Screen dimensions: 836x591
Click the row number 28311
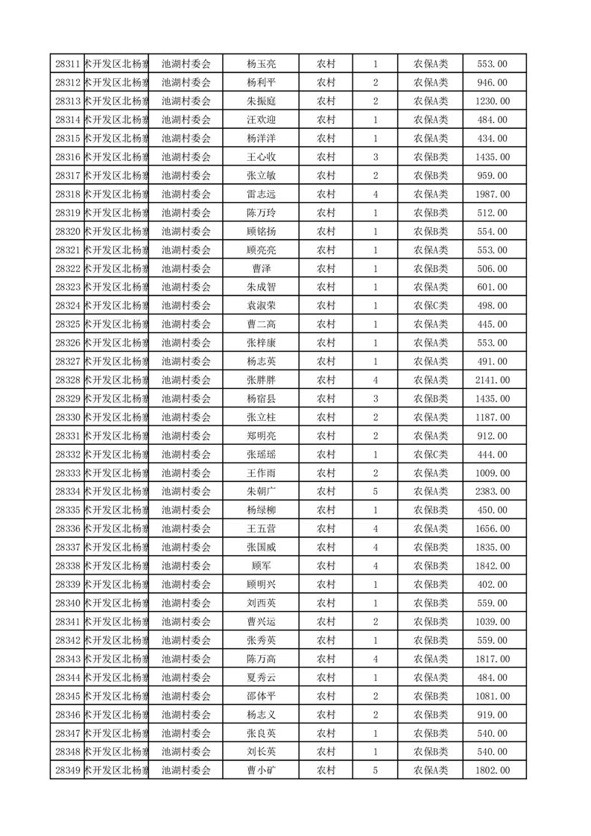68,64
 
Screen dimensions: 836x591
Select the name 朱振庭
261,101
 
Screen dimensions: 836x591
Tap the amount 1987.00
492,194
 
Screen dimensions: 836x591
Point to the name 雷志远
261,194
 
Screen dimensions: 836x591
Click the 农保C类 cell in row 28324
431,305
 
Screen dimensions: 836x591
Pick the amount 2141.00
492,380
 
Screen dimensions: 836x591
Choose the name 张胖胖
261,380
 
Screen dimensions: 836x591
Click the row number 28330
68,417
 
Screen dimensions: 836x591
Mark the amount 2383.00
492,492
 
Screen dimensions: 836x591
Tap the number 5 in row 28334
375,492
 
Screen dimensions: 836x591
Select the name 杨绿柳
261,510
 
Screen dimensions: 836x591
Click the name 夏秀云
261,677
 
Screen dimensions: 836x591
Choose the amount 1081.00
492,696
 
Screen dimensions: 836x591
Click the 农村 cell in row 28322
326,269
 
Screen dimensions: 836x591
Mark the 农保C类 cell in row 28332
431,455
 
